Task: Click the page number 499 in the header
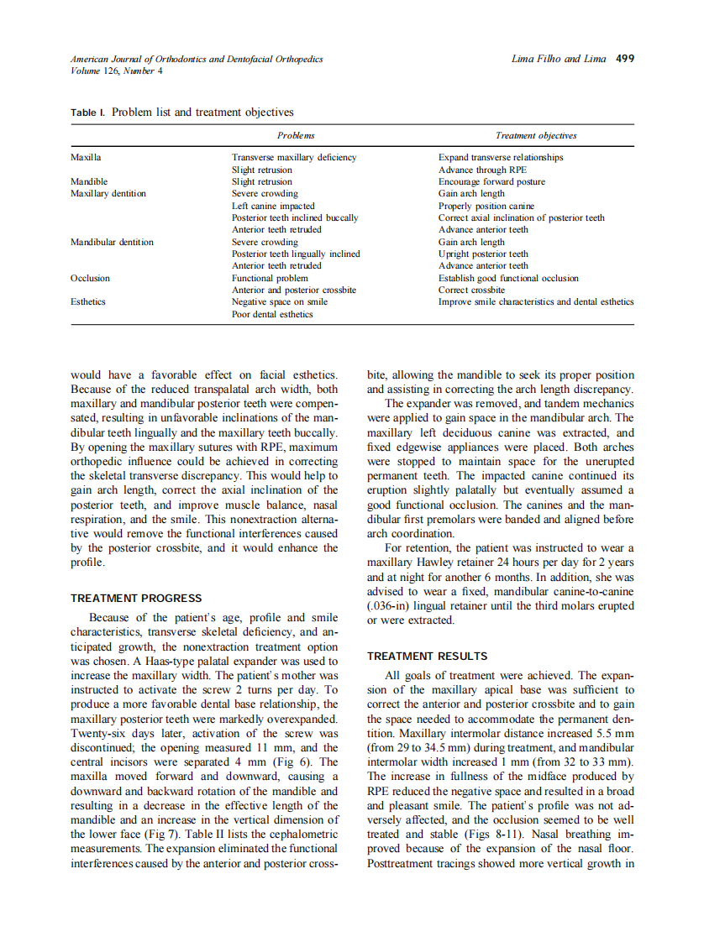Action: pyautogui.click(x=624, y=59)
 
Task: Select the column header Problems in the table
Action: pyautogui.click(x=296, y=135)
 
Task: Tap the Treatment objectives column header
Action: pyautogui.click(x=536, y=135)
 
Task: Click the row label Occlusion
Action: pyautogui.click(x=90, y=278)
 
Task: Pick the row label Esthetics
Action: pyautogui.click(x=88, y=301)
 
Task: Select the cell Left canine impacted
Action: pyautogui.click(x=273, y=206)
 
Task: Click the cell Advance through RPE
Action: pyautogui.click(x=482, y=170)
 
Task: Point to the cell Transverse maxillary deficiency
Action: pyautogui.click(x=294, y=157)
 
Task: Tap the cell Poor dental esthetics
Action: pyautogui.click(x=272, y=314)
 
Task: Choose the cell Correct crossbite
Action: pyautogui.click(x=471, y=290)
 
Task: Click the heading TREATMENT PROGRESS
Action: pyautogui.click(x=136, y=599)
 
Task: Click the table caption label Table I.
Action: pyautogui.click(x=87, y=113)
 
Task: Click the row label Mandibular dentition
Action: pyautogui.click(x=112, y=242)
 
